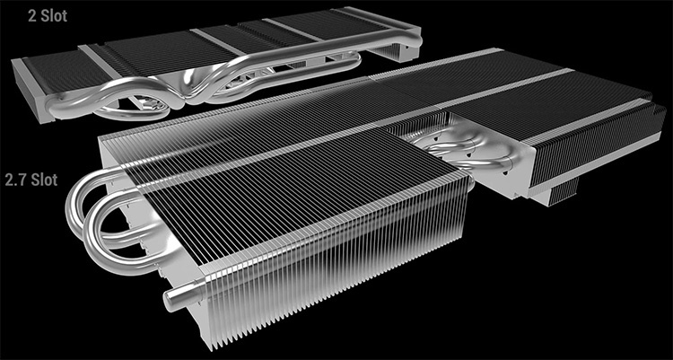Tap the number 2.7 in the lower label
tap(14, 180)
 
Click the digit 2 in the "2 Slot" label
tap(7, 15)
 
